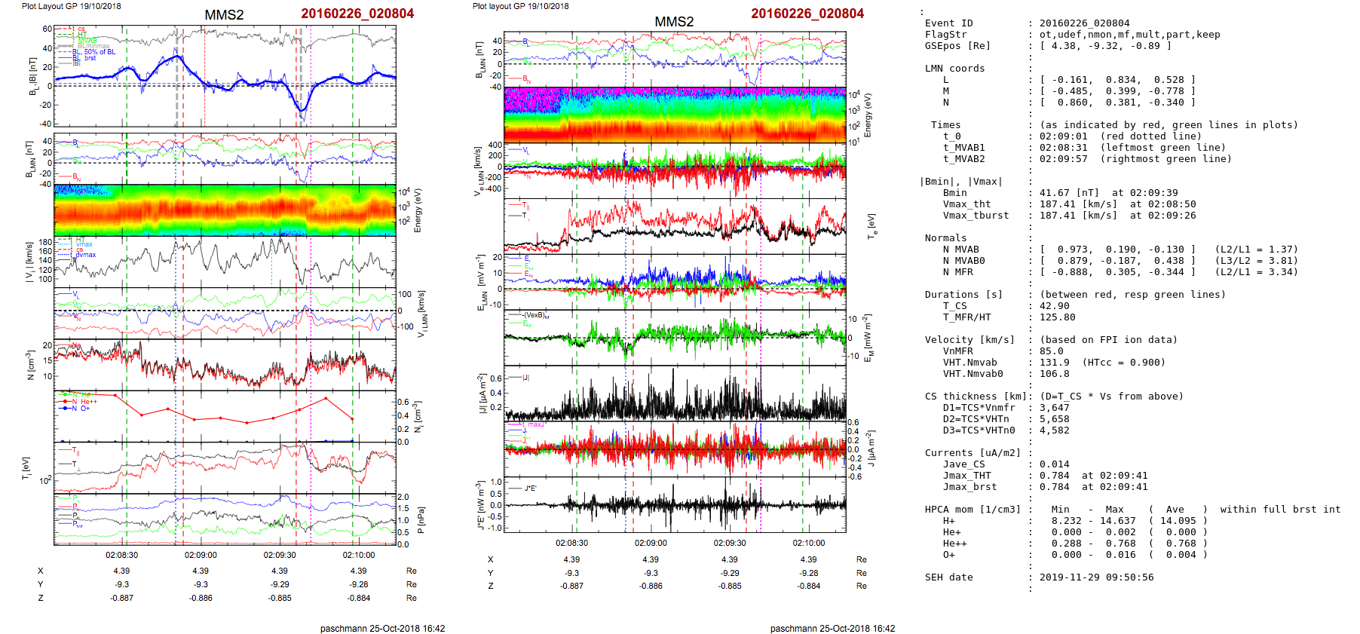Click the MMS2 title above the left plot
click(224, 14)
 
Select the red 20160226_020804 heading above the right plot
click(807, 14)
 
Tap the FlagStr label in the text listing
click(945, 35)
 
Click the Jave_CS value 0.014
click(1054, 464)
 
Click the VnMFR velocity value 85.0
click(1051, 351)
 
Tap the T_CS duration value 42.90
click(1054, 306)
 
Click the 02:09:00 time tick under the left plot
click(201, 556)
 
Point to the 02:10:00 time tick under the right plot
click(808, 543)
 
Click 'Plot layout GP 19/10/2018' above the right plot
click(520, 6)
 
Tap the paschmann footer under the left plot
click(382, 629)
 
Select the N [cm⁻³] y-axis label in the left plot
click(30, 365)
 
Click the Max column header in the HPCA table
click(1114, 510)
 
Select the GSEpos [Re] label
click(957, 46)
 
